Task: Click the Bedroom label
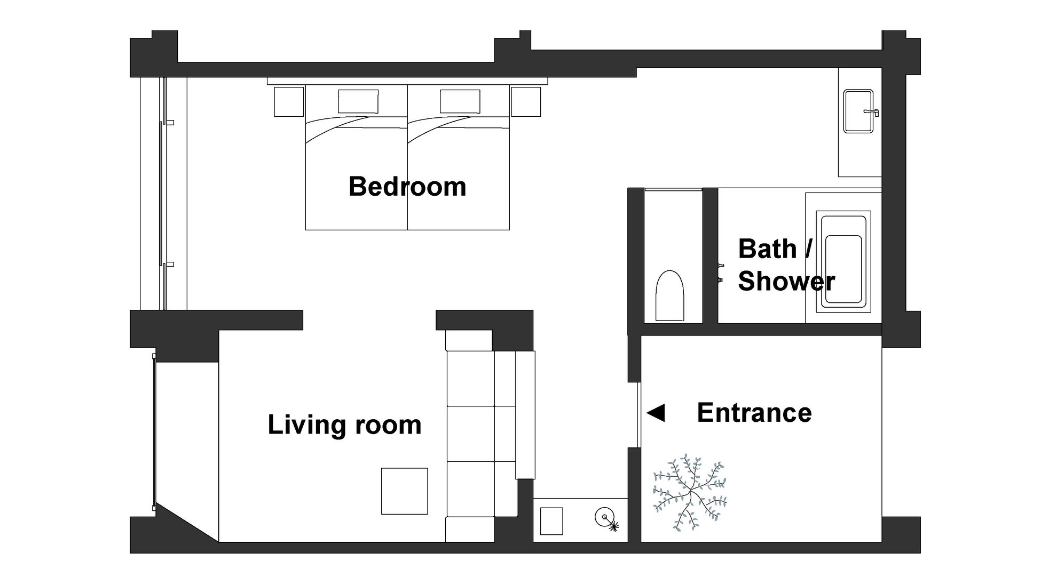click(407, 187)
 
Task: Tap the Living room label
click(344, 425)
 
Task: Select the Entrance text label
click(754, 413)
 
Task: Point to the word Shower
click(786, 281)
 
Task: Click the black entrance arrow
click(656, 412)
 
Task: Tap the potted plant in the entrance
click(690, 493)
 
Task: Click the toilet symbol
click(669, 295)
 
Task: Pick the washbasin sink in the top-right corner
click(858, 111)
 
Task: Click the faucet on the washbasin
click(872, 112)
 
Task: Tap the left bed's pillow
click(358, 101)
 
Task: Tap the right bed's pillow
click(460, 101)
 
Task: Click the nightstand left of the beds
click(289, 101)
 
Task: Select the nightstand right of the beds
click(526, 101)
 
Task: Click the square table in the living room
click(404, 491)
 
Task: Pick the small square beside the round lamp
click(551, 521)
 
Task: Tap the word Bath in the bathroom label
click(767, 249)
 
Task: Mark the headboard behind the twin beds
click(407, 81)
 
